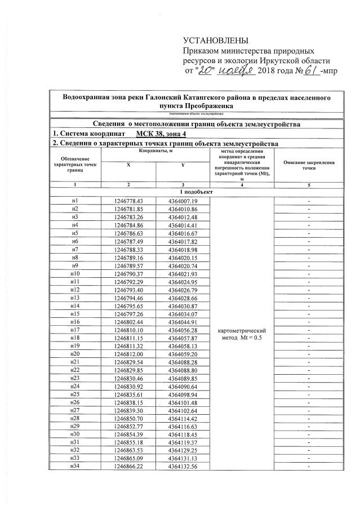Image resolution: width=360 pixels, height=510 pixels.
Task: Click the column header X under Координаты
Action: (128, 164)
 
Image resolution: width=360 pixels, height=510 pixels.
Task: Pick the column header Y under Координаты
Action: (183, 164)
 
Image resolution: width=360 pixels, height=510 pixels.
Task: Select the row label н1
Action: (75, 201)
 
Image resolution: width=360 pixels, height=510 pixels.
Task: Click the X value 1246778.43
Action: (129, 201)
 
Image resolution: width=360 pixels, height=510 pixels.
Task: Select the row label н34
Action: (75, 467)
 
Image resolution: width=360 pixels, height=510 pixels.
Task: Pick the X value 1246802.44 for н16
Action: (129, 321)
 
